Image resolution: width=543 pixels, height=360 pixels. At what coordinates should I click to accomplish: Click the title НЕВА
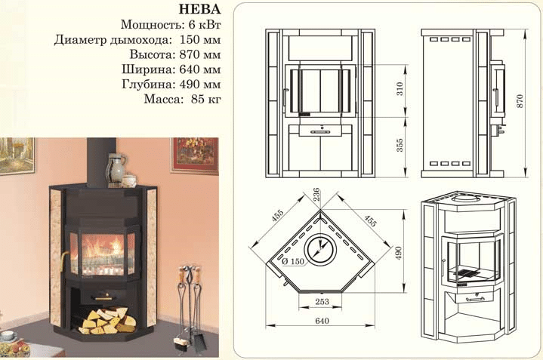pos(199,9)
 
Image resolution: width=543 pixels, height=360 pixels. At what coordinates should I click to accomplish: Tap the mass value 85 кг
pos(205,100)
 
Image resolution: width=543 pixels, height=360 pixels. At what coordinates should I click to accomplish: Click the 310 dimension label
pos(400,89)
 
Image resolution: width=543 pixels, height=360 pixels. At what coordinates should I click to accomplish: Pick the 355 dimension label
pos(400,146)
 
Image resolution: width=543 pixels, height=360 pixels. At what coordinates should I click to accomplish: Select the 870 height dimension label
pos(520,100)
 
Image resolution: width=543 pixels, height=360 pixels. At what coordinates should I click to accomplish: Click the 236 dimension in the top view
pos(316,195)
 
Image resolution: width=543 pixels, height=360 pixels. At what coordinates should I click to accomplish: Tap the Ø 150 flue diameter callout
pos(293,261)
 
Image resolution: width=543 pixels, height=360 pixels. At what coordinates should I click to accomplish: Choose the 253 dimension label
pos(322,301)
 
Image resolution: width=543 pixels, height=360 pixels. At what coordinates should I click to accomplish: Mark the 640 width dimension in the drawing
pos(322,321)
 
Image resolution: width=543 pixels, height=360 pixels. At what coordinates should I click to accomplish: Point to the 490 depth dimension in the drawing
pos(398,253)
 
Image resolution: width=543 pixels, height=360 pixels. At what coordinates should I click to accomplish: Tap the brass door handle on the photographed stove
pos(63,260)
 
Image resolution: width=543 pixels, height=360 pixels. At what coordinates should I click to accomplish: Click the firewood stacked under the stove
pos(108,321)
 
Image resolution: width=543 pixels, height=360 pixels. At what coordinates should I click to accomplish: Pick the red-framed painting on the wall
pos(195,155)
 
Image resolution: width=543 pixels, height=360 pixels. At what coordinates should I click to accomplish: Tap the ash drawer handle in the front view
pos(321,132)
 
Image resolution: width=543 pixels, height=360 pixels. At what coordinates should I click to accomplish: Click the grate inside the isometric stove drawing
pos(467,273)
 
